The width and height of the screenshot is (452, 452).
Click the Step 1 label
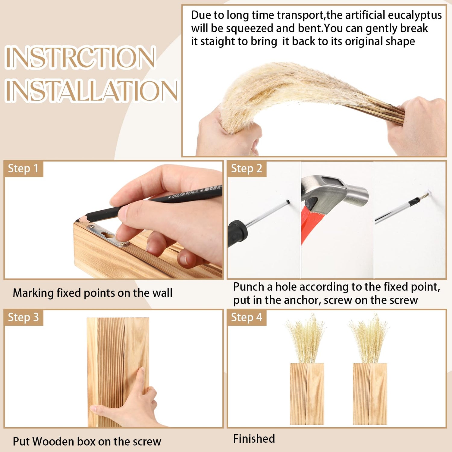[x=23, y=168]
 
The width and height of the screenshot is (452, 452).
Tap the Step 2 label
[x=246, y=168]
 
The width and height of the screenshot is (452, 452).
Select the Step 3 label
[x=23, y=317]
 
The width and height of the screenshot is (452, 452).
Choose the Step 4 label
[x=246, y=317]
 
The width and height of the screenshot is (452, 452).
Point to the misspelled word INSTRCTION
[x=80, y=57]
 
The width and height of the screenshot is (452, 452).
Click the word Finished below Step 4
[x=254, y=439]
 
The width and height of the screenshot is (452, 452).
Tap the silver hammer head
[x=334, y=193]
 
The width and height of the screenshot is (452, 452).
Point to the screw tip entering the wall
[x=427, y=194]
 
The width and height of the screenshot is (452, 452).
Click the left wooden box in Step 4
[x=307, y=394]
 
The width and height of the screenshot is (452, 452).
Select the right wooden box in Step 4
[x=370, y=394]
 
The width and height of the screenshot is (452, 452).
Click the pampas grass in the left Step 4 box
[x=306, y=339]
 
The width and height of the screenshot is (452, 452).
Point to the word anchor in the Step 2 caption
[x=302, y=300]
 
